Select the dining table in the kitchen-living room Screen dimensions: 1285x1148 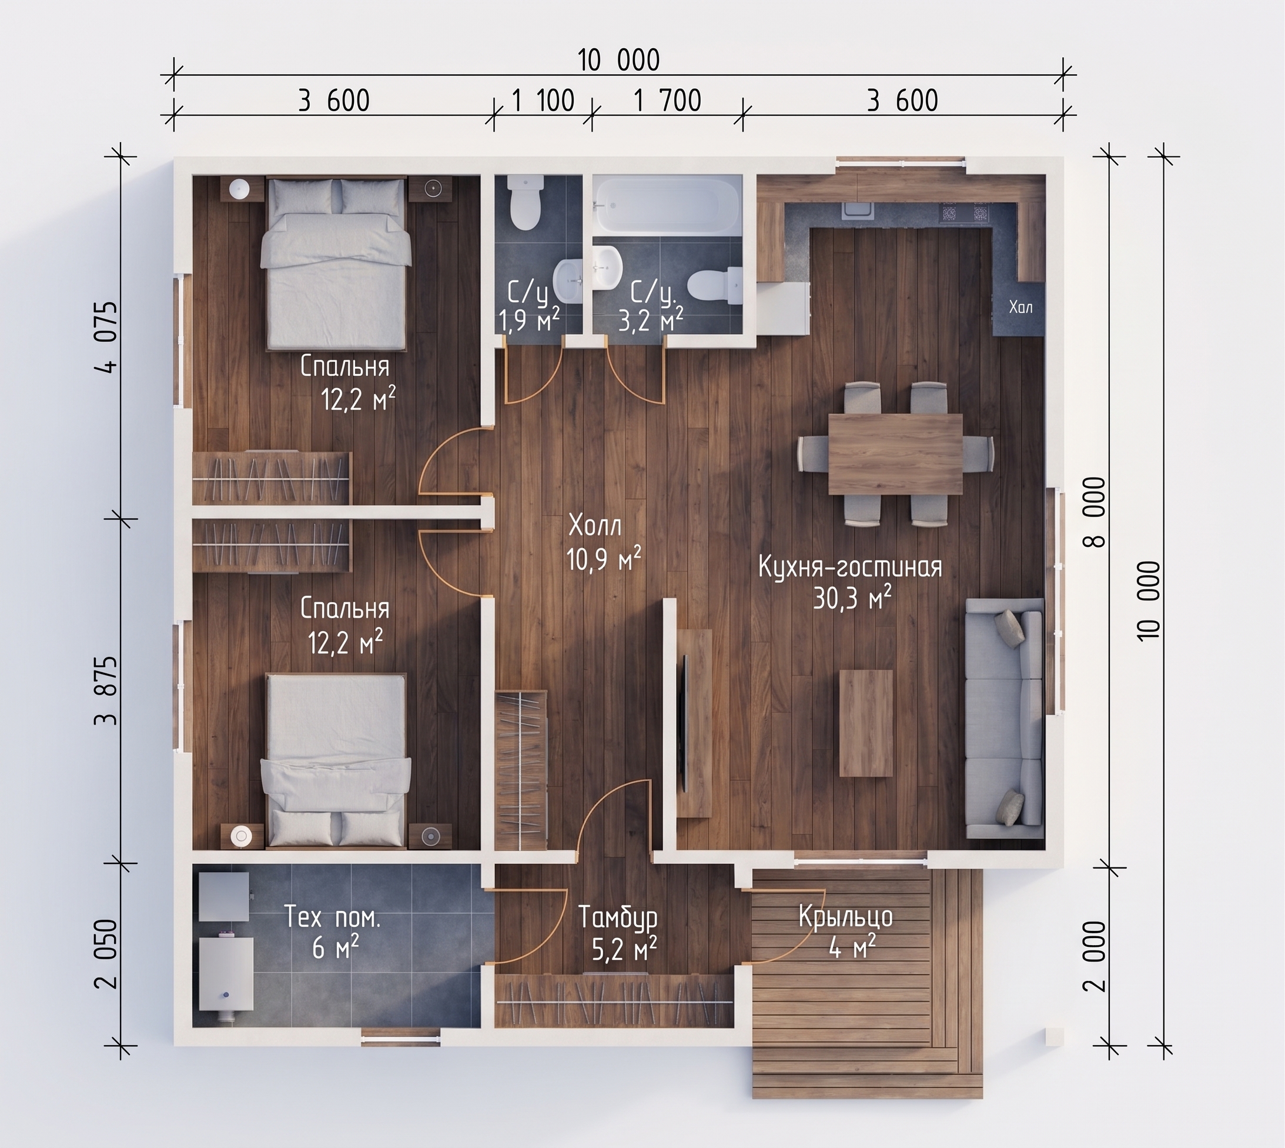pos(895,454)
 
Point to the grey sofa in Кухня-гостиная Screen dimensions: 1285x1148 pos(1005,719)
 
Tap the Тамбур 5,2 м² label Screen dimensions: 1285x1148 pos(618,933)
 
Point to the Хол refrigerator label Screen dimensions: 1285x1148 pos(1021,307)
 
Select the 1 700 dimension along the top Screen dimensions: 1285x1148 pos(667,101)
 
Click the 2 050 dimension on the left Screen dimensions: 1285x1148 pos(107,953)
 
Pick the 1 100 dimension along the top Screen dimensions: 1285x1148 pos(543,101)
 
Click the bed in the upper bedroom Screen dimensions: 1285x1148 pos(336,263)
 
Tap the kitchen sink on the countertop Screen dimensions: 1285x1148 pos(858,211)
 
